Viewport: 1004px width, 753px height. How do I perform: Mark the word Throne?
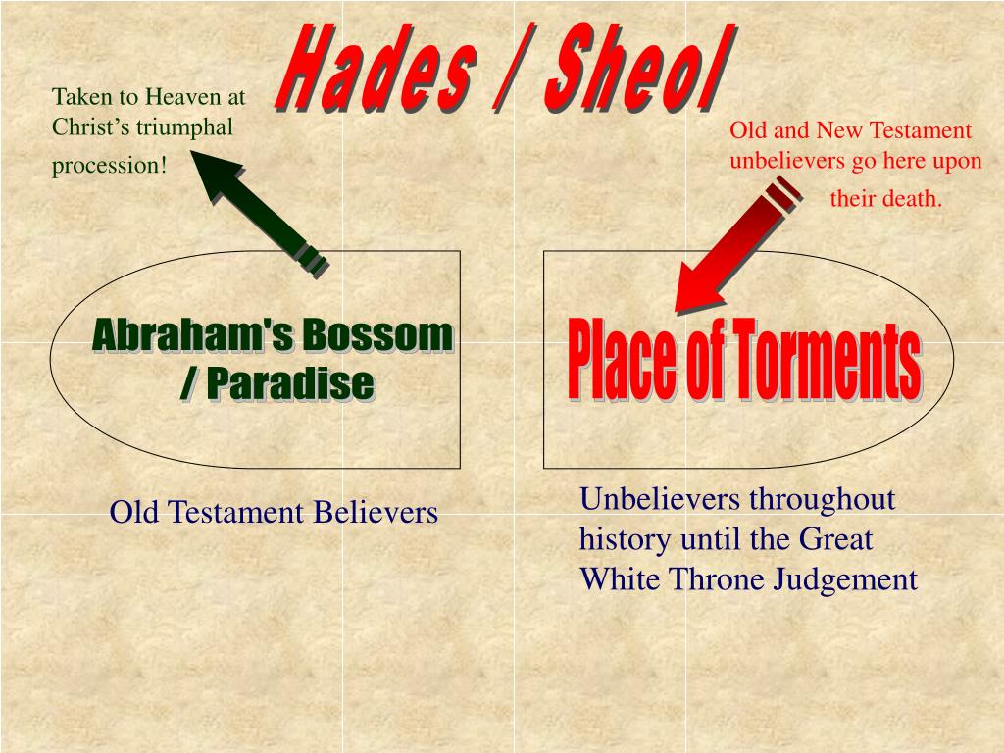tap(720, 579)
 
